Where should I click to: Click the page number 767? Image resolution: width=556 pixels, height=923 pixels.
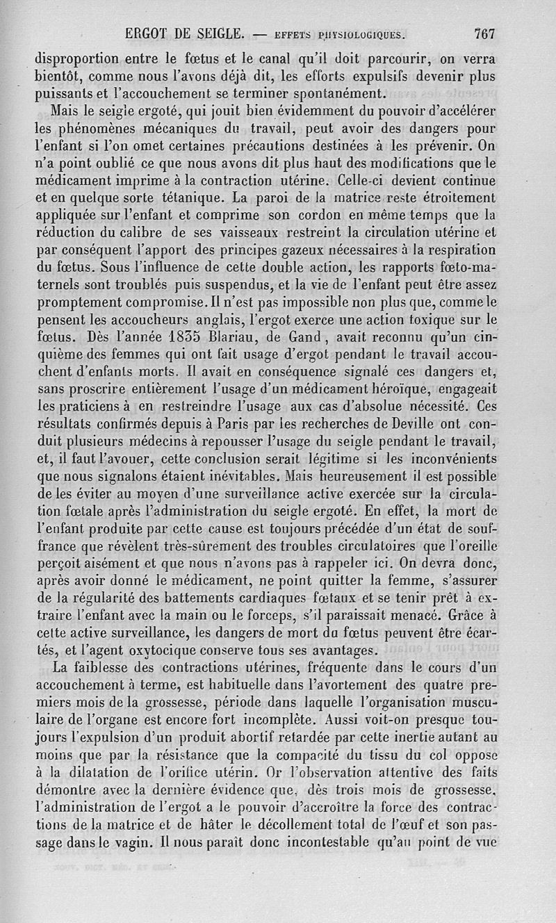(x=484, y=33)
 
